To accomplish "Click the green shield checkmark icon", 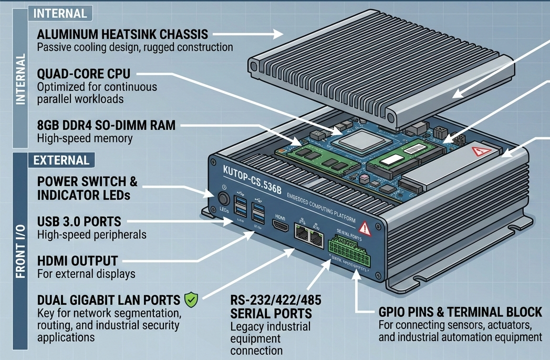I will tap(191, 300).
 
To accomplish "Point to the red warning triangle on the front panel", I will tap(363, 228).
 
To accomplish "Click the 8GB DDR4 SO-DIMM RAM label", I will tap(107, 126).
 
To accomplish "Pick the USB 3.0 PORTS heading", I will tap(79, 221).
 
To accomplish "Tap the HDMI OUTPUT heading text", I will tap(78, 261).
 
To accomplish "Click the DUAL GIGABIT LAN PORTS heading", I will tap(109, 300).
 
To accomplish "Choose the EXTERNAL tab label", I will tap(61, 160).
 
